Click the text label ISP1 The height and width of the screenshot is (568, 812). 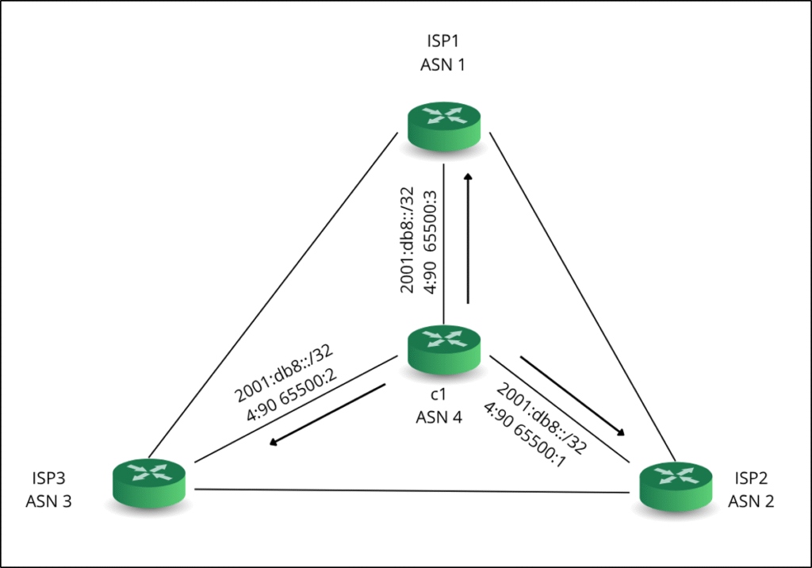coord(442,45)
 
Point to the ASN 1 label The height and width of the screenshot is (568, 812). coord(442,65)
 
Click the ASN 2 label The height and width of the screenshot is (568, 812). coord(752,501)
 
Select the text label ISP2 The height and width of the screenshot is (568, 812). coord(752,480)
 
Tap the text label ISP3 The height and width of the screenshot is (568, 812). coord(49,480)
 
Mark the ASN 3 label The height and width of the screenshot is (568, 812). coord(49,501)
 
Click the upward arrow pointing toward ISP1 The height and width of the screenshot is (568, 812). coord(469,238)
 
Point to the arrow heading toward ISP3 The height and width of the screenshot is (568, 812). coord(327,415)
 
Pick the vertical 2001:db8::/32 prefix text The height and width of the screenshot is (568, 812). coord(408,241)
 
